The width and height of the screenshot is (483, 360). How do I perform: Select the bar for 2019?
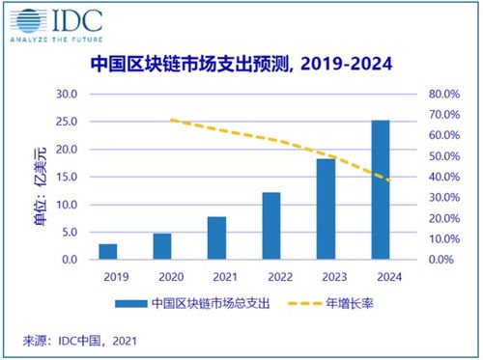[x=108, y=252]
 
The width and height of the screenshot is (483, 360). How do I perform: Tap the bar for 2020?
[x=162, y=247]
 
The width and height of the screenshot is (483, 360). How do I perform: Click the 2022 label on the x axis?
[x=271, y=275]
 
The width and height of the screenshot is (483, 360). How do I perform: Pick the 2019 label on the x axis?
[x=108, y=275]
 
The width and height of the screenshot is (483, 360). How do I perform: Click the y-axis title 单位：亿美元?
[x=30, y=177]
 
